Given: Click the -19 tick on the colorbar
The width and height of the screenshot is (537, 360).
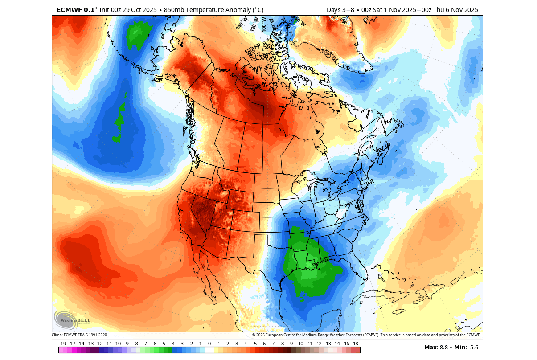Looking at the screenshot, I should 63,344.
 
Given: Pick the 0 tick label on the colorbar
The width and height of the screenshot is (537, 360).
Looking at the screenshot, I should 209,344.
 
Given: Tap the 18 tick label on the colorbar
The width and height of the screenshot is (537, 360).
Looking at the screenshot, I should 356,344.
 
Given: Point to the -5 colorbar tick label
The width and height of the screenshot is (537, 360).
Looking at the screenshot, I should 164,344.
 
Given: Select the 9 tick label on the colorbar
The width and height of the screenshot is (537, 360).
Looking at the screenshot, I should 291,344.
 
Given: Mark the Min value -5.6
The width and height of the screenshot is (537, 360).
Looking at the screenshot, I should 471,348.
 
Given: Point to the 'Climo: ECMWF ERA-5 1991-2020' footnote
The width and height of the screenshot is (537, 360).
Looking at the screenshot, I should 79,335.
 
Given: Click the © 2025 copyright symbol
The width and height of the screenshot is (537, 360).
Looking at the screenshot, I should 254,335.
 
